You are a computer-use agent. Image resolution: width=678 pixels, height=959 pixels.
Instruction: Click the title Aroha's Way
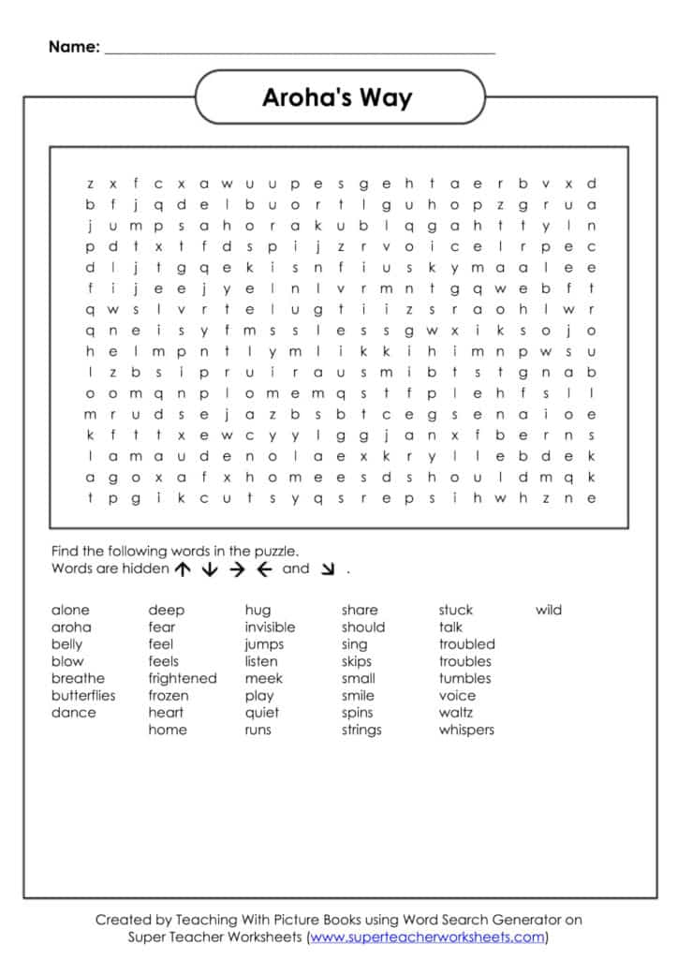click(x=337, y=97)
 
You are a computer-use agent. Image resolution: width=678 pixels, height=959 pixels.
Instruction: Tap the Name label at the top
click(x=74, y=46)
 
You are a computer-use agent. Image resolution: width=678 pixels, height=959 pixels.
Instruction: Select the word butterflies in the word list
click(x=83, y=696)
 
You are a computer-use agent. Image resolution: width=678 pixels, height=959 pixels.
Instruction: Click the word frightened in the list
click(x=182, y=678)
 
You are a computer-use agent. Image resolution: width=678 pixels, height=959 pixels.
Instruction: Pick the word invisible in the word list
click(x=270, y=627)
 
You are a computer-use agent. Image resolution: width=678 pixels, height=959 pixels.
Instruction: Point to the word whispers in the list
click(x=466, y=730)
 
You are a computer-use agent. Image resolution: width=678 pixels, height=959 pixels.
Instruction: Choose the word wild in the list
click(x=549, y=611)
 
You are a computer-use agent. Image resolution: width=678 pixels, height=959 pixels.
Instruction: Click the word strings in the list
click(x=361, y=730)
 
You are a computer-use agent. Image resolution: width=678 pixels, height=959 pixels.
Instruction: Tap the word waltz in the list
click(x=456, y=713)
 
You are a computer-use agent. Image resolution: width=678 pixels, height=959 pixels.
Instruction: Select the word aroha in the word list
click(x=71, y=627)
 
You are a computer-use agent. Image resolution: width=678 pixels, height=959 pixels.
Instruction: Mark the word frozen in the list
click(x=168, y=696)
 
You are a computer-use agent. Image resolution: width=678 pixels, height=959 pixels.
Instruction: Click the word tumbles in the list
click(x=464, y=678)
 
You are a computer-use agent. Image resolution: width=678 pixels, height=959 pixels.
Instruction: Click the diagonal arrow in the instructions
click(x=327, y=569)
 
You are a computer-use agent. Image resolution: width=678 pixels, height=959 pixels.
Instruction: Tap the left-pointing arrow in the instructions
click(x=263, y=569)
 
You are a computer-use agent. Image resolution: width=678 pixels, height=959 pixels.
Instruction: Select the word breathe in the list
click(x=78, y=678)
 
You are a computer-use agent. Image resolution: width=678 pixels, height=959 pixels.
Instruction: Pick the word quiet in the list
click(x=261, y=713)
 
